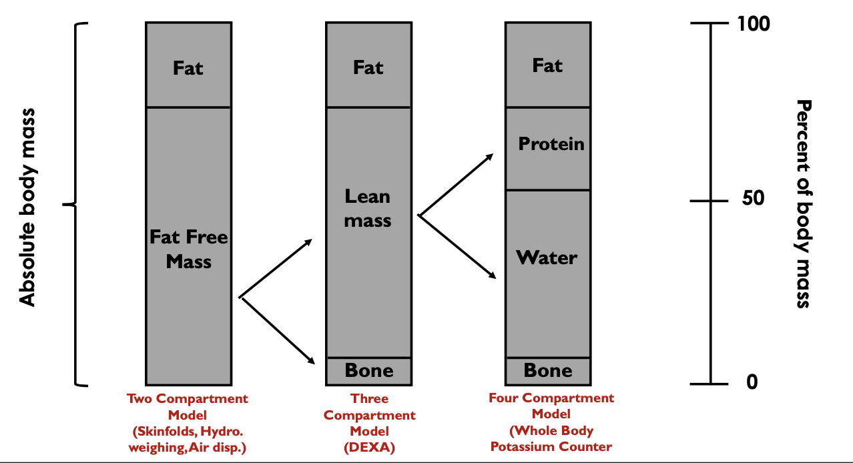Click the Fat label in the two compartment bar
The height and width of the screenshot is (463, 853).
click(x=188, y=68)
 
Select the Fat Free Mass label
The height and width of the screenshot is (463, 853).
click(x=188, y=250)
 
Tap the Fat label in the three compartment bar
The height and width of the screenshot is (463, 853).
click(x=368, y=68)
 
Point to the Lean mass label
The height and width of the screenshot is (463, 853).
click(x=368, y=208)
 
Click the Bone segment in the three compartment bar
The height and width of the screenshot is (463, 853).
click(x=369, y=371)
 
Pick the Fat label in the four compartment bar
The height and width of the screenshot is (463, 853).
click(x=547, y=65)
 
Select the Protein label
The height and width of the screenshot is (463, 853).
click(x=551, y=144)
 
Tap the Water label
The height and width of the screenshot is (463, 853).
click(x=547, y=258)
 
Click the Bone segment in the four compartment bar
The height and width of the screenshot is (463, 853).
click(x=548, y=371)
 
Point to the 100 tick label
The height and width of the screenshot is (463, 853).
click(x=754, y=24)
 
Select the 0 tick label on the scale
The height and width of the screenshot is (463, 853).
click(x=752, y=383)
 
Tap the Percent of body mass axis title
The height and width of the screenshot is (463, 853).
click(x=804, y=203)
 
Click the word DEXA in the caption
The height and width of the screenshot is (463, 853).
click(x=369, y=448)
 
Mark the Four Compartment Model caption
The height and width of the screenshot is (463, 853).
click(x=551, y=422)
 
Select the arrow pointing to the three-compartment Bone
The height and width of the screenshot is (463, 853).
click(x=278, y=330)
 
